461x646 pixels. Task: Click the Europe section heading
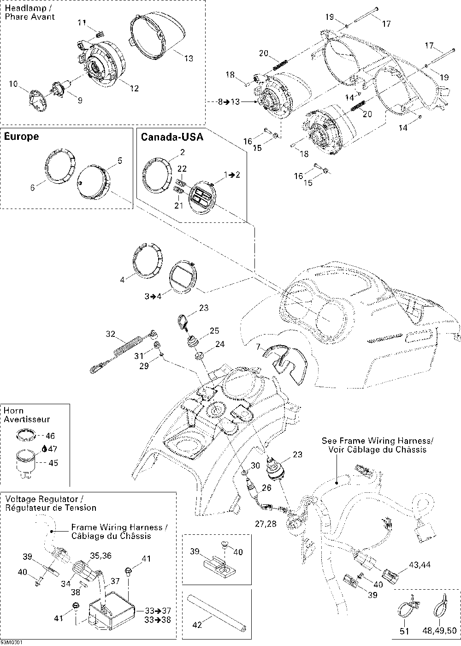click(21, 137)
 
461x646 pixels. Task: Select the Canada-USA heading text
click(171, 137)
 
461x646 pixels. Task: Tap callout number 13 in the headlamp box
click(189, 59)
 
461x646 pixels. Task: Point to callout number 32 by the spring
click(111, 334)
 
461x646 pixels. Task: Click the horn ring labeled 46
click(27, 435)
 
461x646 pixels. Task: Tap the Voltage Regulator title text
click(44, 499)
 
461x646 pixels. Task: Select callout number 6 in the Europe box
click(32, 187)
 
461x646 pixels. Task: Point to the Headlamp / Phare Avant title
click(30, 12)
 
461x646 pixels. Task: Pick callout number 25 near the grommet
click(214, 331)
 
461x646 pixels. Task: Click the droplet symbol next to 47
click(44, 448)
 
